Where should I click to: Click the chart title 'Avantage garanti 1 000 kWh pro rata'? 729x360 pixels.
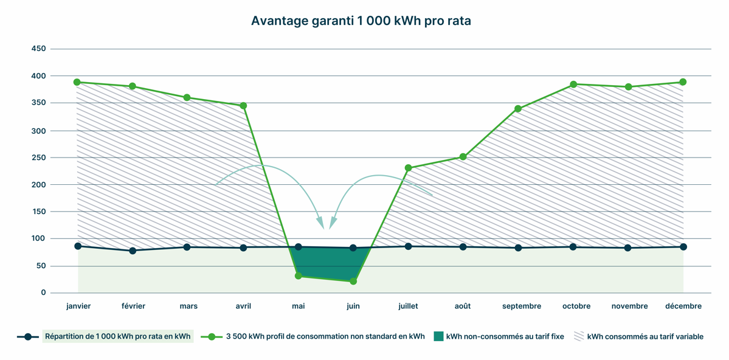361,21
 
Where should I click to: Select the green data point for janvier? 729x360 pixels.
77,82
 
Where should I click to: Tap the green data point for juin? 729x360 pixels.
353,281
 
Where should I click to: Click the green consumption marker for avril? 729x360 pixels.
243,106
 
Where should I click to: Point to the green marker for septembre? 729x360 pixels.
518,109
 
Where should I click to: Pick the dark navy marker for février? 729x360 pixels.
133,251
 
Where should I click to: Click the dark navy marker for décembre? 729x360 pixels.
683,247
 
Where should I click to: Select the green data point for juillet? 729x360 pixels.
408,168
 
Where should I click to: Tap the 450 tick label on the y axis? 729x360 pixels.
38,49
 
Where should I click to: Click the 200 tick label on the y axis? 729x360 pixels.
38,184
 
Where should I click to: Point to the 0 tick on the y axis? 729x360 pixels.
43,292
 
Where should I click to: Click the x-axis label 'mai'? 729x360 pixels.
298,306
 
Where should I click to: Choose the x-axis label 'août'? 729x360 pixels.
463,306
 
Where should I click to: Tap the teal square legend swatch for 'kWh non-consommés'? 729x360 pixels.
438,336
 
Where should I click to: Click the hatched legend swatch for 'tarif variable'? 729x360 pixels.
579,336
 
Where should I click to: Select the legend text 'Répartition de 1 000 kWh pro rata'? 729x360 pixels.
117,336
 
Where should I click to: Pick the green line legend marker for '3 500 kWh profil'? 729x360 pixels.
212,336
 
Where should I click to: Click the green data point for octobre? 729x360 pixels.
573,85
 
